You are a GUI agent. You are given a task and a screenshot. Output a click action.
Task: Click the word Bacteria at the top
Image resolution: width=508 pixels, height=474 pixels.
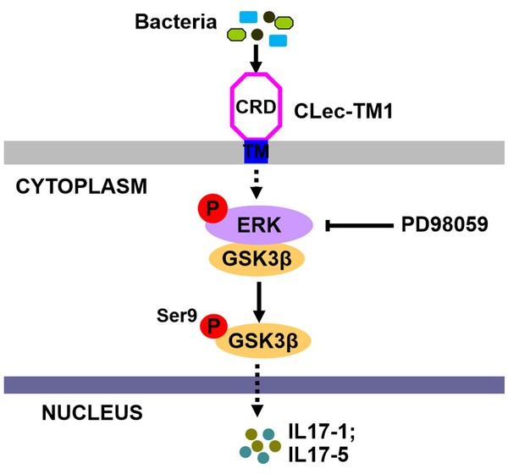(175, 20)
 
